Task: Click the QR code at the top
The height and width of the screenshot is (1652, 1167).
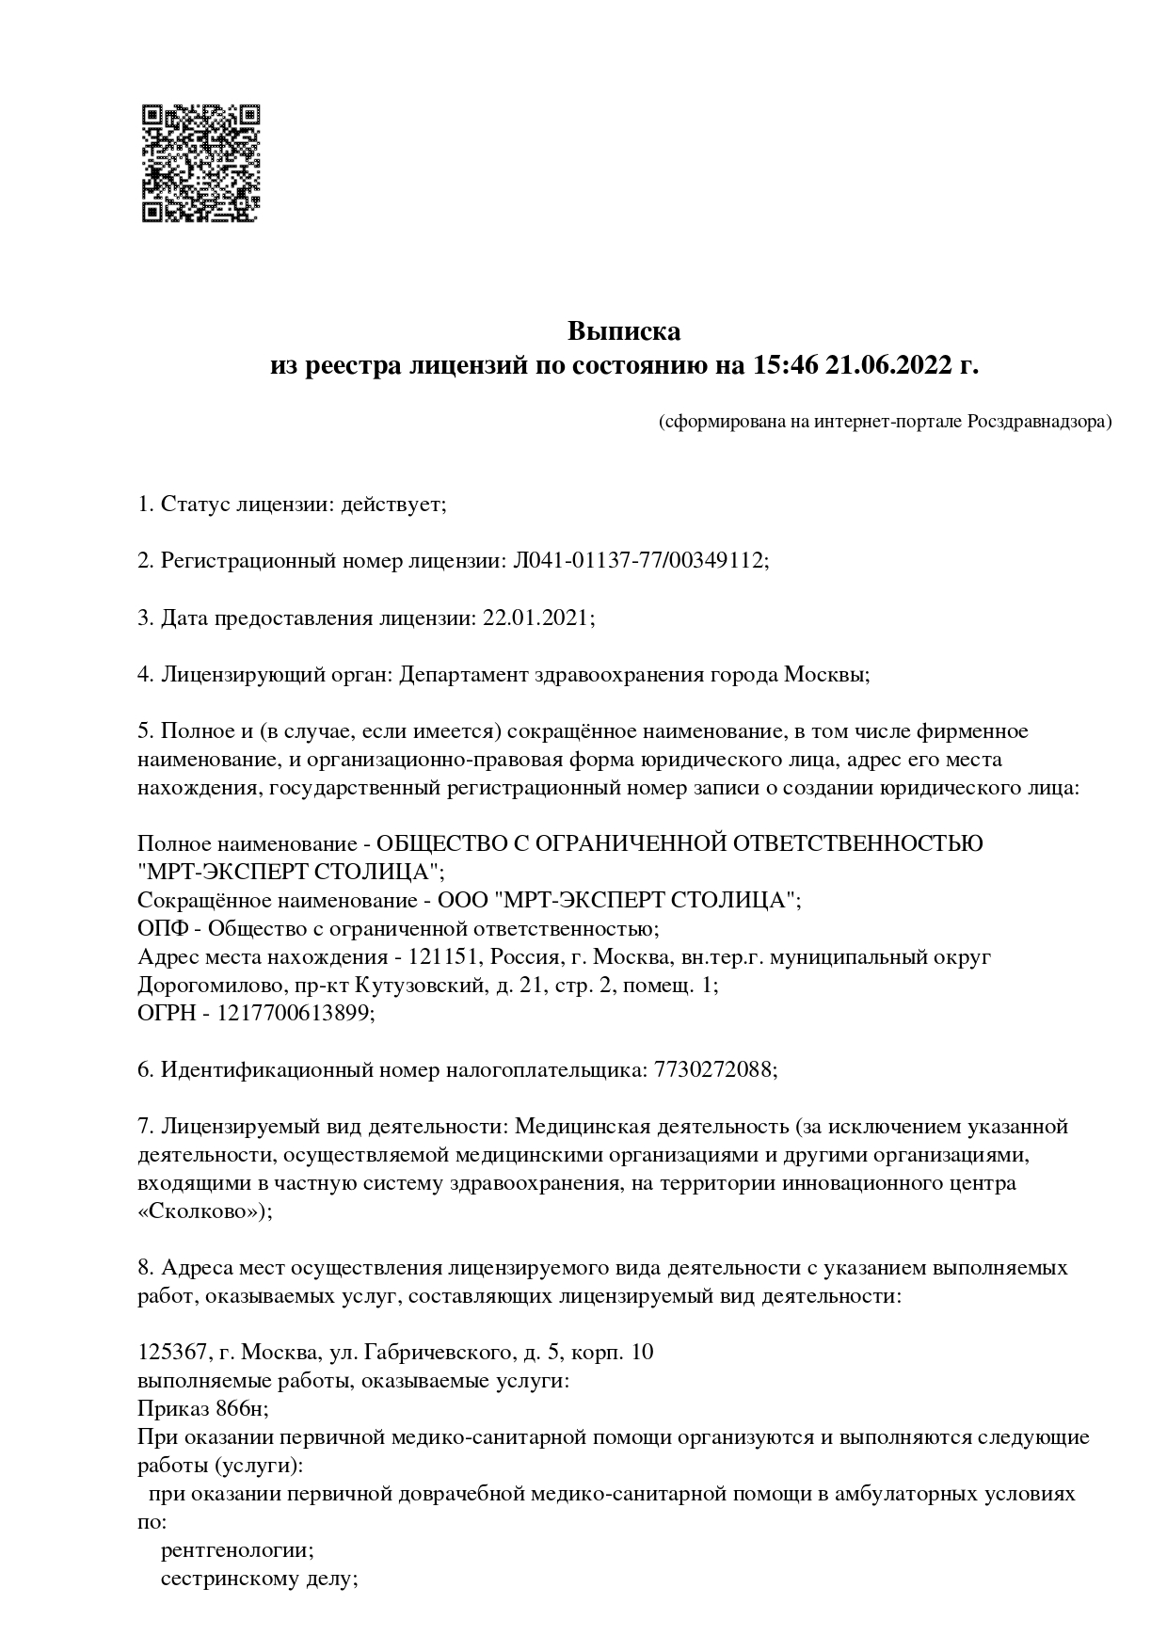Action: pyautogui.click(x=200, y=163)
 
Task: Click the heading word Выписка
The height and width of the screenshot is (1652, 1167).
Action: pyautogui.click(x=623, y=331)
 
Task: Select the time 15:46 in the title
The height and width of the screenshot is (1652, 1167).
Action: pyautogui.click(x=784, y=365)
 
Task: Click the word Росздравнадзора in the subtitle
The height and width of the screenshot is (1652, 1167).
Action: pyautogui.click(x=1038, y=422)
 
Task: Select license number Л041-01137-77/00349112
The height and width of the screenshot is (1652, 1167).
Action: pyautogui.click(x=639, y=561)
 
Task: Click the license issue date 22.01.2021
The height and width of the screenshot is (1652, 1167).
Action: pyautogui.click(x=536, y=617)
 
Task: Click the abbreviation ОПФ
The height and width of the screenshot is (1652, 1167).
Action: pyautogui.click(x=162, y=928)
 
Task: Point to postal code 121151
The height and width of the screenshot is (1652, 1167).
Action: pyautogui.click(x=440, y=956)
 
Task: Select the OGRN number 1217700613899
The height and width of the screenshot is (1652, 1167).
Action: pyautogui.click(x=296, y=1013)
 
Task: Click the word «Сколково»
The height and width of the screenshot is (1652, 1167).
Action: pyautogui.click(x=201, y=1211)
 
